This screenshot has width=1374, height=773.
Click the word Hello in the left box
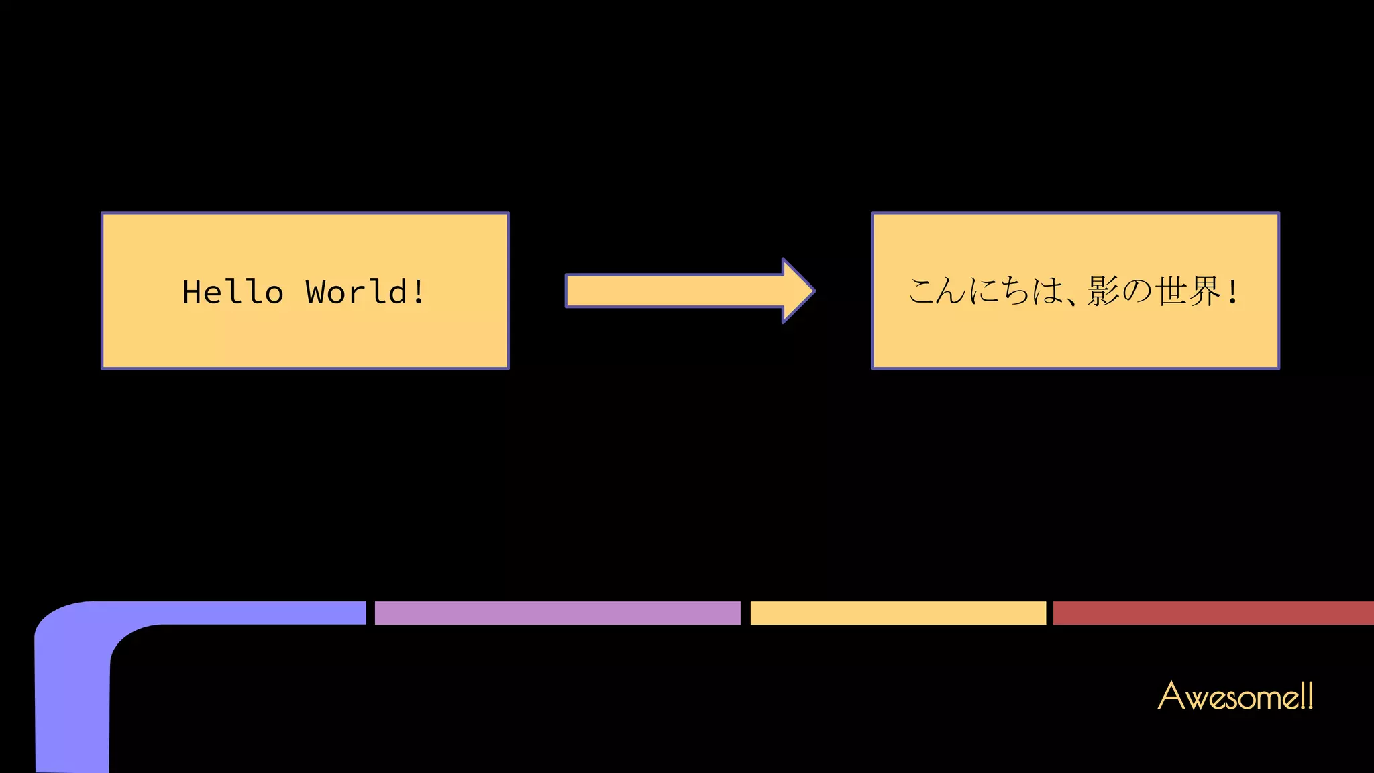pos(233,292)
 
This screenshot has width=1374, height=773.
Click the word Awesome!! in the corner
pos(1235,696)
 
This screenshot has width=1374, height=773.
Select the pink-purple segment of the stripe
pos(557,613)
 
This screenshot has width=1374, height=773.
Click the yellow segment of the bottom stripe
pos(898,613)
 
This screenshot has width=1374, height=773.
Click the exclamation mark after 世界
pos(1232,292)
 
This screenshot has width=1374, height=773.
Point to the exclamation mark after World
pos(419,292)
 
